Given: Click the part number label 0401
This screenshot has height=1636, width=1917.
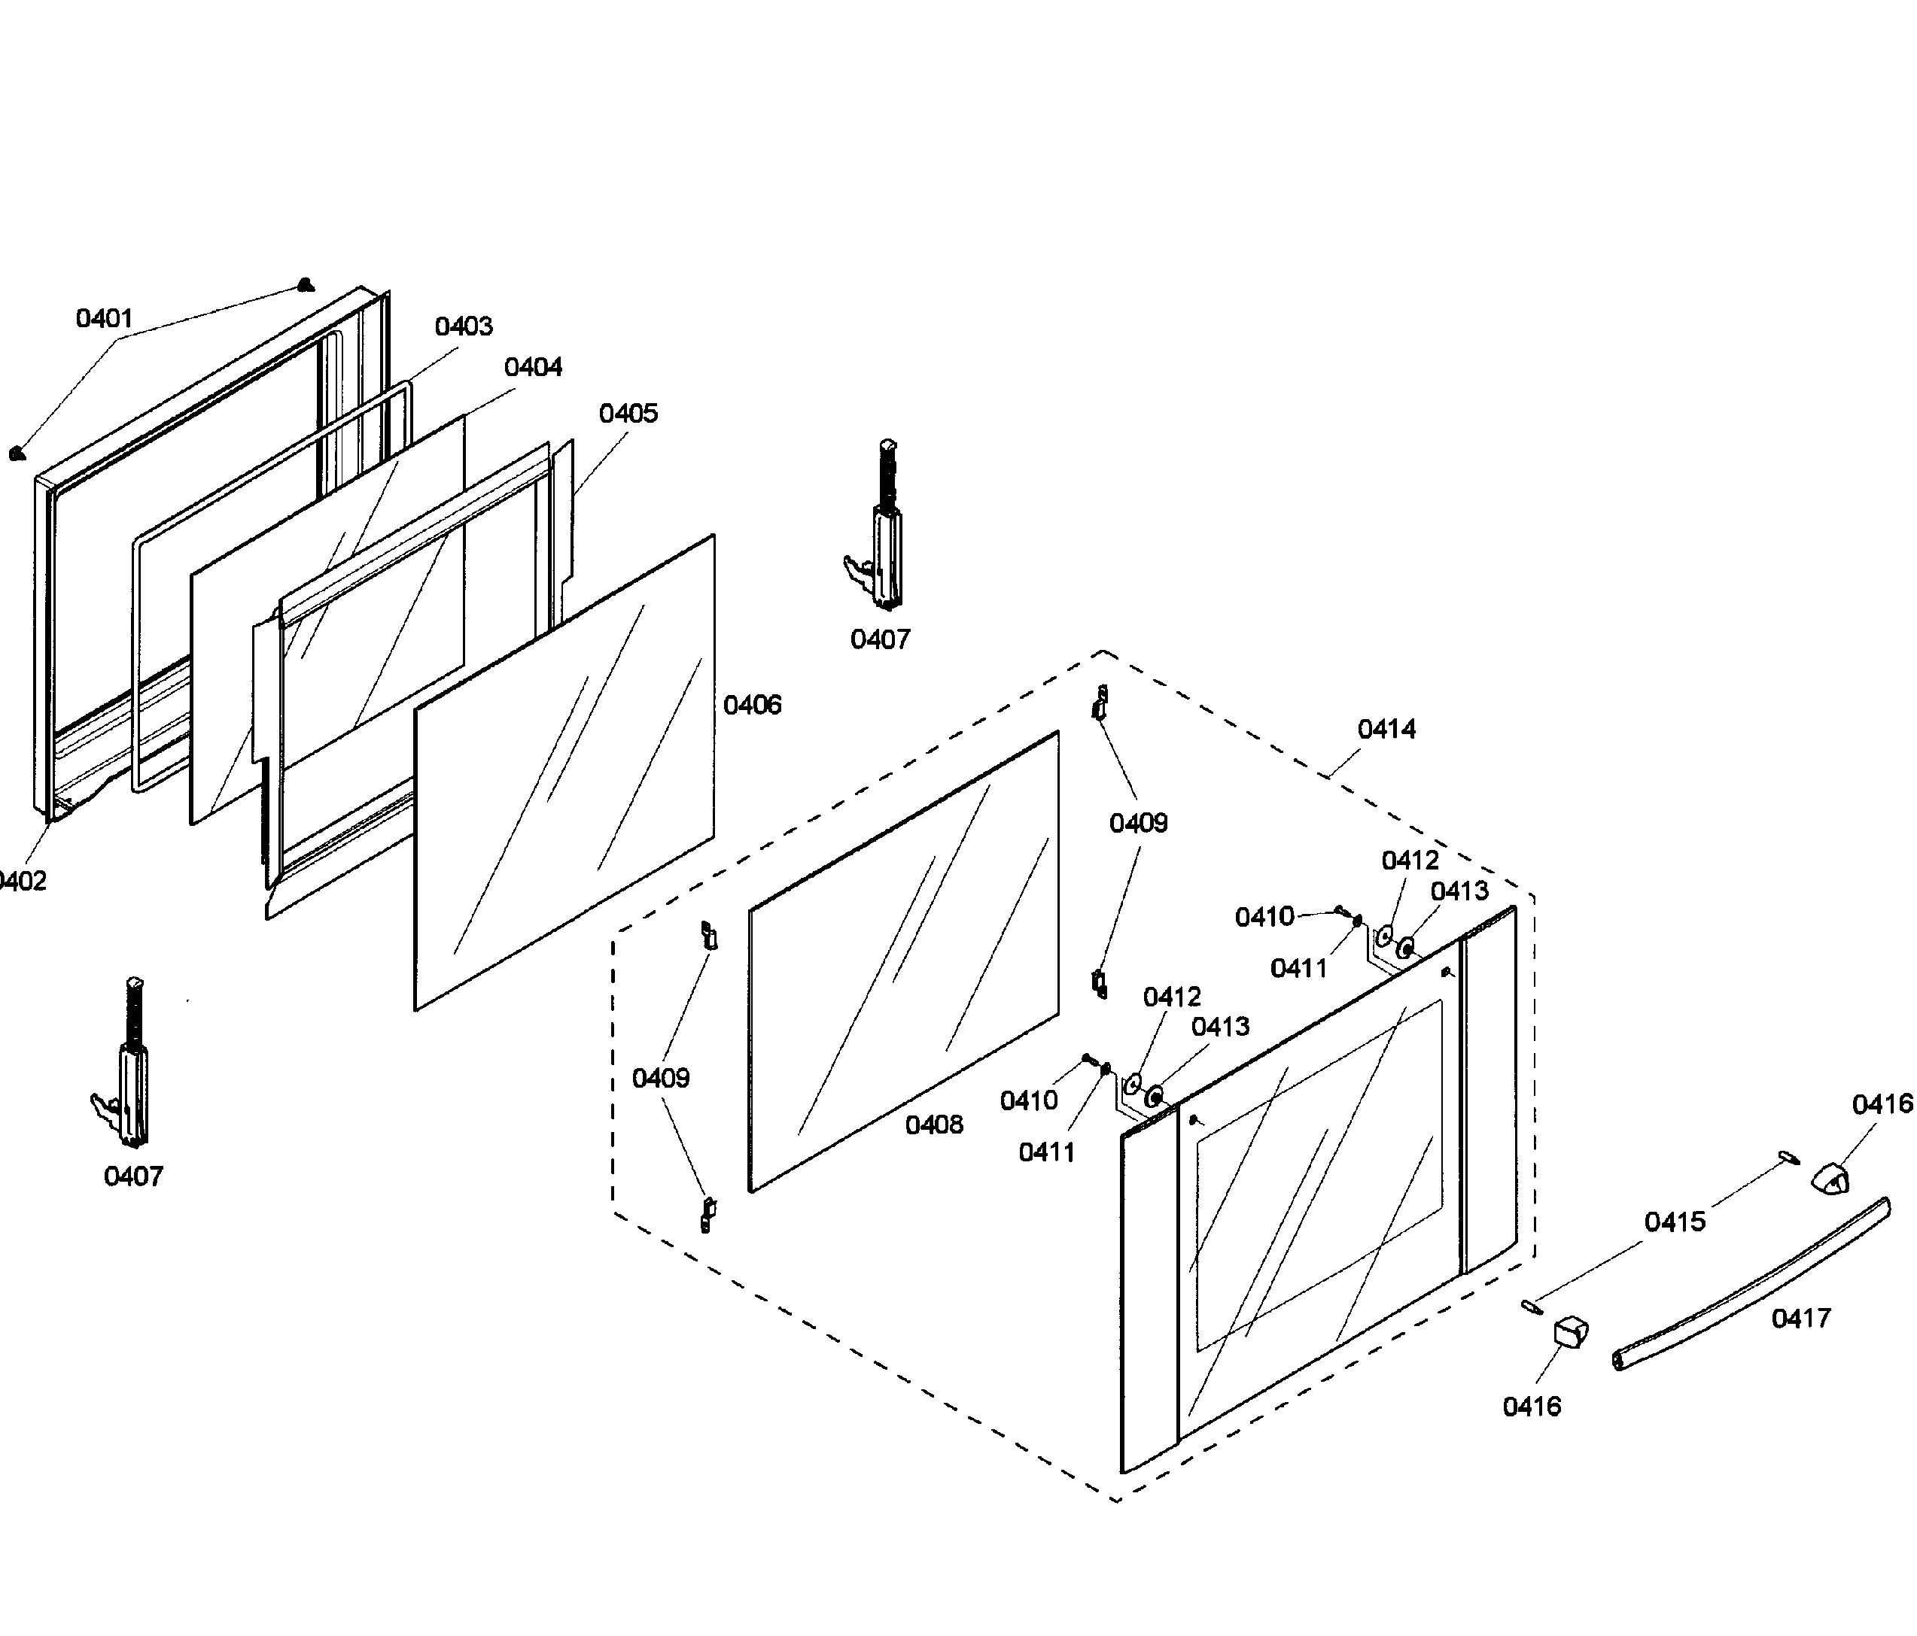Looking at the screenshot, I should [105, 319].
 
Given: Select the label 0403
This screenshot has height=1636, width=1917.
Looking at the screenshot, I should [464, 326].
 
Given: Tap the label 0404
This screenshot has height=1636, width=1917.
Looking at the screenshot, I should [533, 367].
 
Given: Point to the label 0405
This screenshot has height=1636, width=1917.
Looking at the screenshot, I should [628, 414].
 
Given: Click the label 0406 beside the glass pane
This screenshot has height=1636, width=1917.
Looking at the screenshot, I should [752, 706].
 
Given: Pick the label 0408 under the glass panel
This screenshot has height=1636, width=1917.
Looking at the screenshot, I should [933, 1125].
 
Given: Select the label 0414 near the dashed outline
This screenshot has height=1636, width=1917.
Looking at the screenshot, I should [1386, 730].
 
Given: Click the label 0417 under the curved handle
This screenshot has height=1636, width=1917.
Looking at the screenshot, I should [1800, 1319].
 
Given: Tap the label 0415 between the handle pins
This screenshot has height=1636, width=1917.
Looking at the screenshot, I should [1675, 1222].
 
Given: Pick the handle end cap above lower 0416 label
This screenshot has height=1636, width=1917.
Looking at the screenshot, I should [1569, 1334].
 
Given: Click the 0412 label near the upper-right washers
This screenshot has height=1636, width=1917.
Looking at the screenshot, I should [1410, 861].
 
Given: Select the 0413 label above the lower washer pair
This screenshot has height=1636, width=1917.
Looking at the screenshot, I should [1219, 1027].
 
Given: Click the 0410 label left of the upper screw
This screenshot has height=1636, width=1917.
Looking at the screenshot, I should [1264, 918].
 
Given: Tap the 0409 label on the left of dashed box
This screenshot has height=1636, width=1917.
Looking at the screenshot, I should [661, 1079].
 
